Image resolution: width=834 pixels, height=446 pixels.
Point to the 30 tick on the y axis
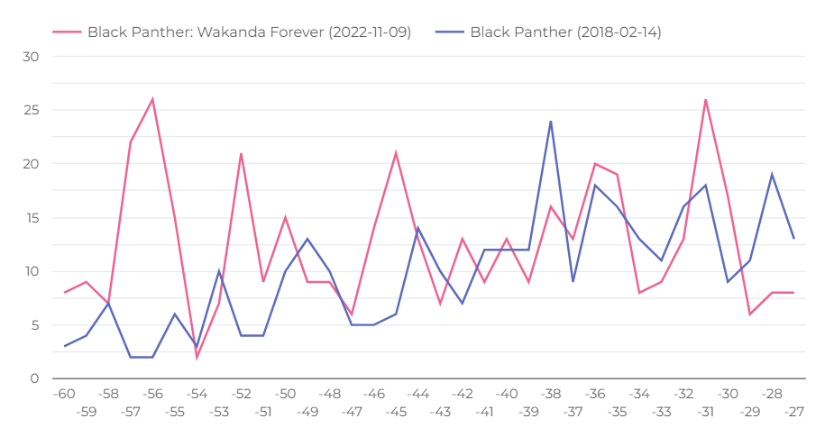click(32, 57)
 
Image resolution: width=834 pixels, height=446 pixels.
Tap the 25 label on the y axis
click(32, 111)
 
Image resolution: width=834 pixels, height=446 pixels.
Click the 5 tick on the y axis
click(36, 325)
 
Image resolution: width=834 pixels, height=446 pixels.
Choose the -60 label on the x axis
click(64, 394)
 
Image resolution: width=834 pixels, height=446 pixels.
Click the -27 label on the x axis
click(793, 411)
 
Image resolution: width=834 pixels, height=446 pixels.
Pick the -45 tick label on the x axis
click(396, 411)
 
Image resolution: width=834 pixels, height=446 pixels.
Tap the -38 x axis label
click(551, 394)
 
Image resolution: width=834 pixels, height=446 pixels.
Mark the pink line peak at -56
click(152, 99)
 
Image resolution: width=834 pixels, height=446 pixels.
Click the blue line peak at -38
click(551, 121)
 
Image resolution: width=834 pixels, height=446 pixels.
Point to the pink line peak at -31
click(705, 99)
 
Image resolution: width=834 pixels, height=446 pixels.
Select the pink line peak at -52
click(241, 153)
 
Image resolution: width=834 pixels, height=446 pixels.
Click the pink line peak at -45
click(396, 153)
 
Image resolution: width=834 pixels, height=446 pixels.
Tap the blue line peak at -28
click(772, 175)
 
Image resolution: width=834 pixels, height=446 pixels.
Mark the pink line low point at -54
click(197, 358)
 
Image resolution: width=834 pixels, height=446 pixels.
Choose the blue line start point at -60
click(64, 347)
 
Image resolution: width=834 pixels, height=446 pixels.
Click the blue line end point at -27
click(793, 239)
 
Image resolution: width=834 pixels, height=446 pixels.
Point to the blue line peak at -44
click(418, 228)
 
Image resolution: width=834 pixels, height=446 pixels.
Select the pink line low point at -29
click(749, 314)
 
